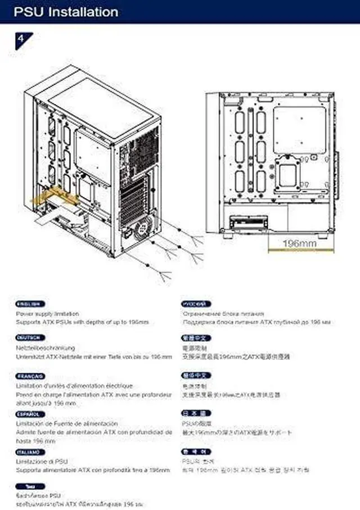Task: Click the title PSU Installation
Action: point(67,12)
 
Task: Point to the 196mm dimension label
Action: point(299,243)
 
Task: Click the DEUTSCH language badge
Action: point(28,338)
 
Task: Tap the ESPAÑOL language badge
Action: point(28,414)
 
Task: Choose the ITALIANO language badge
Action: point(28,452)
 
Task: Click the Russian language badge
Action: point(196,304)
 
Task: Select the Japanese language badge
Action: point(196,413)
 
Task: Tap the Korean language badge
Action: point(196,452)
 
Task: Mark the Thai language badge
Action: point(28,486)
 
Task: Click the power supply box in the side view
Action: point(248,219)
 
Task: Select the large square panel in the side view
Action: point(299,130)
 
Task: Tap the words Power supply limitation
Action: point(47,314)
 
